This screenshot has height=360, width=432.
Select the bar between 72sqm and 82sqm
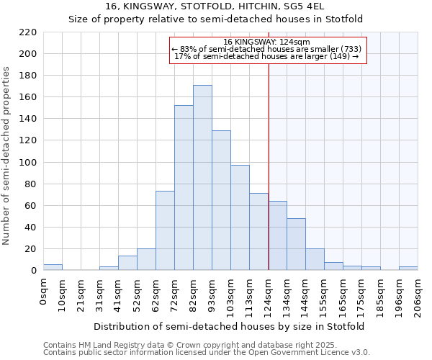[184, 188]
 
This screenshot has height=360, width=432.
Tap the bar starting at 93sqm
[221, 200]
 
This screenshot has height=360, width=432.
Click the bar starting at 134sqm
[296, 244]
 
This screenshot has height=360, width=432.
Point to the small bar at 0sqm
[53, 267]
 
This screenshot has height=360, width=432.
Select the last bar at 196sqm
[408, 268]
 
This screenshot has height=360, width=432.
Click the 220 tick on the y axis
[28, 32]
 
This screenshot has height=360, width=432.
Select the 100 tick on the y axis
[28, 162]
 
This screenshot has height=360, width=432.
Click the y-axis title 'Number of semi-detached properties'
[7, 156]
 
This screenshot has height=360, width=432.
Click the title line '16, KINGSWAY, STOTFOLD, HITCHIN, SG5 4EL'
[215, 6]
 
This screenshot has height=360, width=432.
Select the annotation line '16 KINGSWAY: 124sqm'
[267, 42]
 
